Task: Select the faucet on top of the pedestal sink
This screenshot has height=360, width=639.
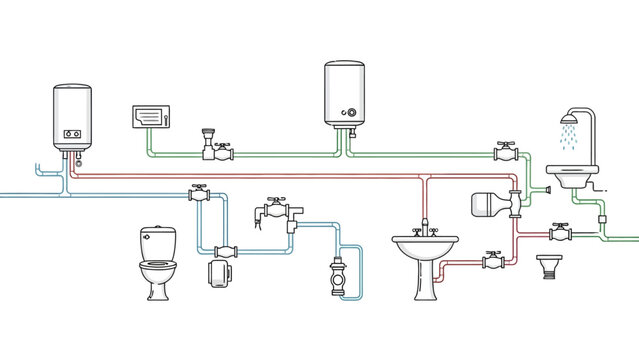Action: tap(425, 228)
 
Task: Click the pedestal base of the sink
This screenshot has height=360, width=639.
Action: tap(425, 283)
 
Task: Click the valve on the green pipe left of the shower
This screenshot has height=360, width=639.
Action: tap(506, 154)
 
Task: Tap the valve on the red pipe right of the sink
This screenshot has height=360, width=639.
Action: tap(492, 261)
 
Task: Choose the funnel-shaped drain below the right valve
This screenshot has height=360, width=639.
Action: tap(546, 267)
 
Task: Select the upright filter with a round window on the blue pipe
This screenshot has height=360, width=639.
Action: tap(337, 279)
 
